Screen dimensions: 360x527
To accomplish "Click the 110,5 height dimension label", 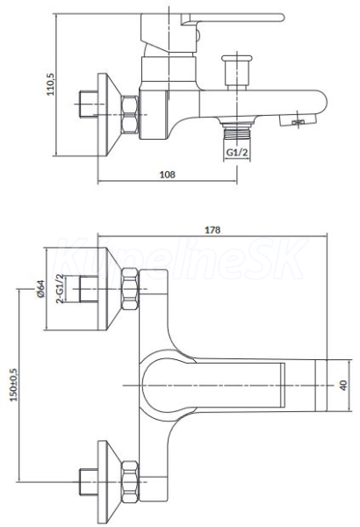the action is [x=50, y=84].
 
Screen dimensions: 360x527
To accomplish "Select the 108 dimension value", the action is [x=167, y=175].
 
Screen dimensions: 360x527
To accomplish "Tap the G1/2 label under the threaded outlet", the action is [x=237, y=152].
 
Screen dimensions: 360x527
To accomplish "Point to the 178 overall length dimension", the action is [x=212, y=230].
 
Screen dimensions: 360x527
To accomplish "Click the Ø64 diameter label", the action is [x=41, y=289].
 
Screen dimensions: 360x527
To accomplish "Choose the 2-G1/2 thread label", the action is [x=60, y=289].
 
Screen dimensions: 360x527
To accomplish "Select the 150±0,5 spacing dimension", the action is [x=14, y=385].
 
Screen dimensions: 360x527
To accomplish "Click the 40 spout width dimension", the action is [x=343, y=386].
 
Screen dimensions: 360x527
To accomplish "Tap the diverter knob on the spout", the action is [x=237, y=72].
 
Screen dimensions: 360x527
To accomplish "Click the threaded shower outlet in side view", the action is [x=237, y=130].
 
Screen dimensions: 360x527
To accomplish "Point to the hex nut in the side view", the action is [x=130, y=114].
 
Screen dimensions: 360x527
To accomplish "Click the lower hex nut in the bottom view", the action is [x=130, y=481].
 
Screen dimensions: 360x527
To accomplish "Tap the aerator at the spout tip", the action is [x=299, y=119].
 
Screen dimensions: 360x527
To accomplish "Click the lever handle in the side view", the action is [x=233, y=18].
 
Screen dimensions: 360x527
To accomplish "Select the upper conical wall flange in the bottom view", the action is [x=108, y=289].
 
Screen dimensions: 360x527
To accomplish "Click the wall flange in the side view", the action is [x=108, y=114].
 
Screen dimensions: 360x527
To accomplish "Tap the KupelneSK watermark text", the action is [x=181, y=259].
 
